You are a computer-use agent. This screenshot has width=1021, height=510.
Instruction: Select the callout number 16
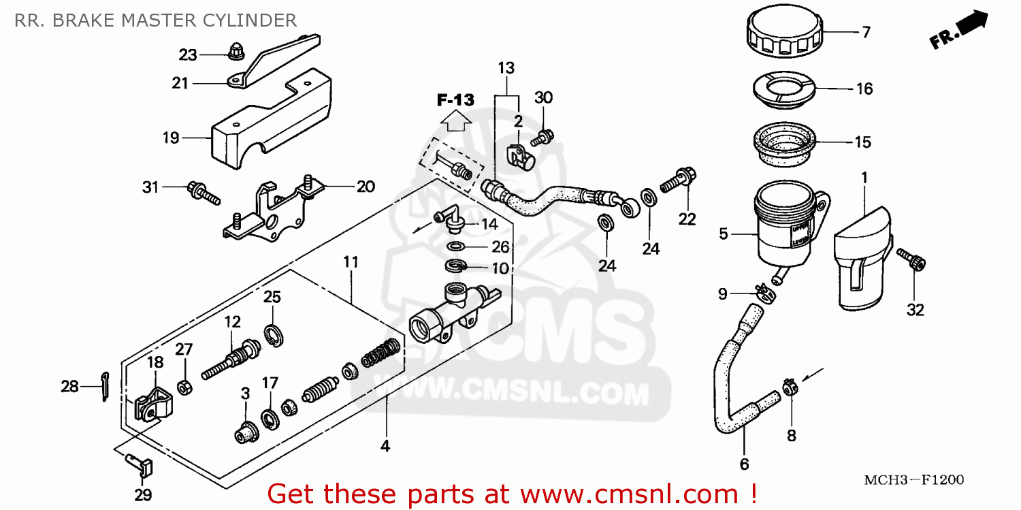[864, 89]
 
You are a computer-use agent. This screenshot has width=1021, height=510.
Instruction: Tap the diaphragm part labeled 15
[785, 144]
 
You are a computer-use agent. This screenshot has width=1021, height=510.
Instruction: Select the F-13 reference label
[455, 100]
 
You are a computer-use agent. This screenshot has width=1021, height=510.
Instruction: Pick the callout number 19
[170, 138]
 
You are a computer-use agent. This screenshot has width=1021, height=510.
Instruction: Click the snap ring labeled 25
[274, 336]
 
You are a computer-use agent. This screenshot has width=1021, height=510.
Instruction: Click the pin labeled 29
[142, 465]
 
